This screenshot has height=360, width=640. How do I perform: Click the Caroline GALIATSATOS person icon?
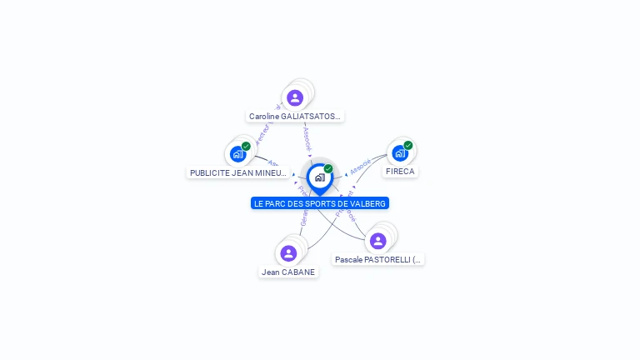point(294,97)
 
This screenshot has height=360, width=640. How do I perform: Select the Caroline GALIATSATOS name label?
point(295,117)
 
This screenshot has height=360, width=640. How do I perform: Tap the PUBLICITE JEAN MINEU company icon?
point(237,153)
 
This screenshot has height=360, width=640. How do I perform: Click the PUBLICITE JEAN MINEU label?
point(238,172)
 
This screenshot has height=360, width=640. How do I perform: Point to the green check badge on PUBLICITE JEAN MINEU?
point(246,146)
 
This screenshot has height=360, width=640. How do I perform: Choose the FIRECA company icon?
point(400,152)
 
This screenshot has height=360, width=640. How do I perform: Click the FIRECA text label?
point(400,172)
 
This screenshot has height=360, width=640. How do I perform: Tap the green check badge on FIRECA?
point(408,145)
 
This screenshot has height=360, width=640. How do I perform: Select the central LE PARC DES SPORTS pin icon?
point(319,177)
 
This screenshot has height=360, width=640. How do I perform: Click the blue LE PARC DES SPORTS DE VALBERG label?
point(320,203)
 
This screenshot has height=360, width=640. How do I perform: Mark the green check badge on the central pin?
point(328,168)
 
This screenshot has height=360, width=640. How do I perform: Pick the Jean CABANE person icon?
point(288,252)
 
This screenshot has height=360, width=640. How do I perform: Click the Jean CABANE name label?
point(288,272)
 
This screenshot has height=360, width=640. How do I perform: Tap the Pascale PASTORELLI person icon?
point(377,241)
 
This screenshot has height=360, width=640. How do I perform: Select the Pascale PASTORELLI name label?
point(378,260)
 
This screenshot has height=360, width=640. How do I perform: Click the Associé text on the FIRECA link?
point(361,166)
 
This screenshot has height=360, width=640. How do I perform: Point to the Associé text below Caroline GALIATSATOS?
point(307,137)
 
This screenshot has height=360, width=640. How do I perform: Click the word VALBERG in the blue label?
point(369,203)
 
